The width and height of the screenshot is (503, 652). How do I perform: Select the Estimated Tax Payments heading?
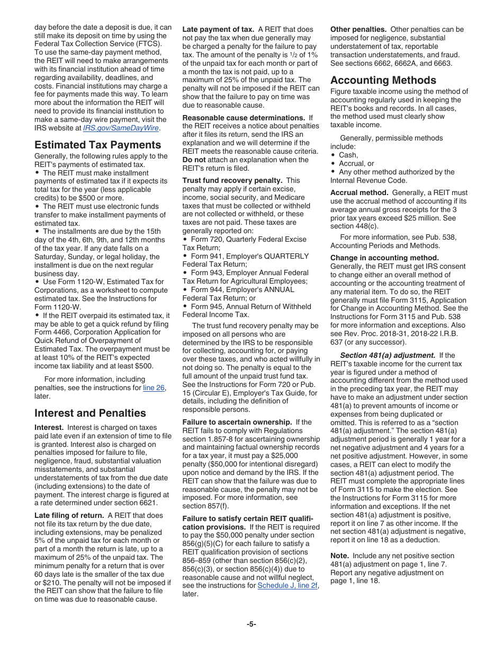pyautogui.click(x=97, y=145)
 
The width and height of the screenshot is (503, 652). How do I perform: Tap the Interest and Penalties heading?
pyautogui.click(x=90, y=413)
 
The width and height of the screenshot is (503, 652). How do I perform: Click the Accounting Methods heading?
pyautogui.click(x=383, y=80)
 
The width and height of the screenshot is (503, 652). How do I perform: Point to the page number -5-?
pyautogui.click(x=251, y=624)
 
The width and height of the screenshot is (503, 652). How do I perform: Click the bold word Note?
pyautogui.click(x=339, y=556)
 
